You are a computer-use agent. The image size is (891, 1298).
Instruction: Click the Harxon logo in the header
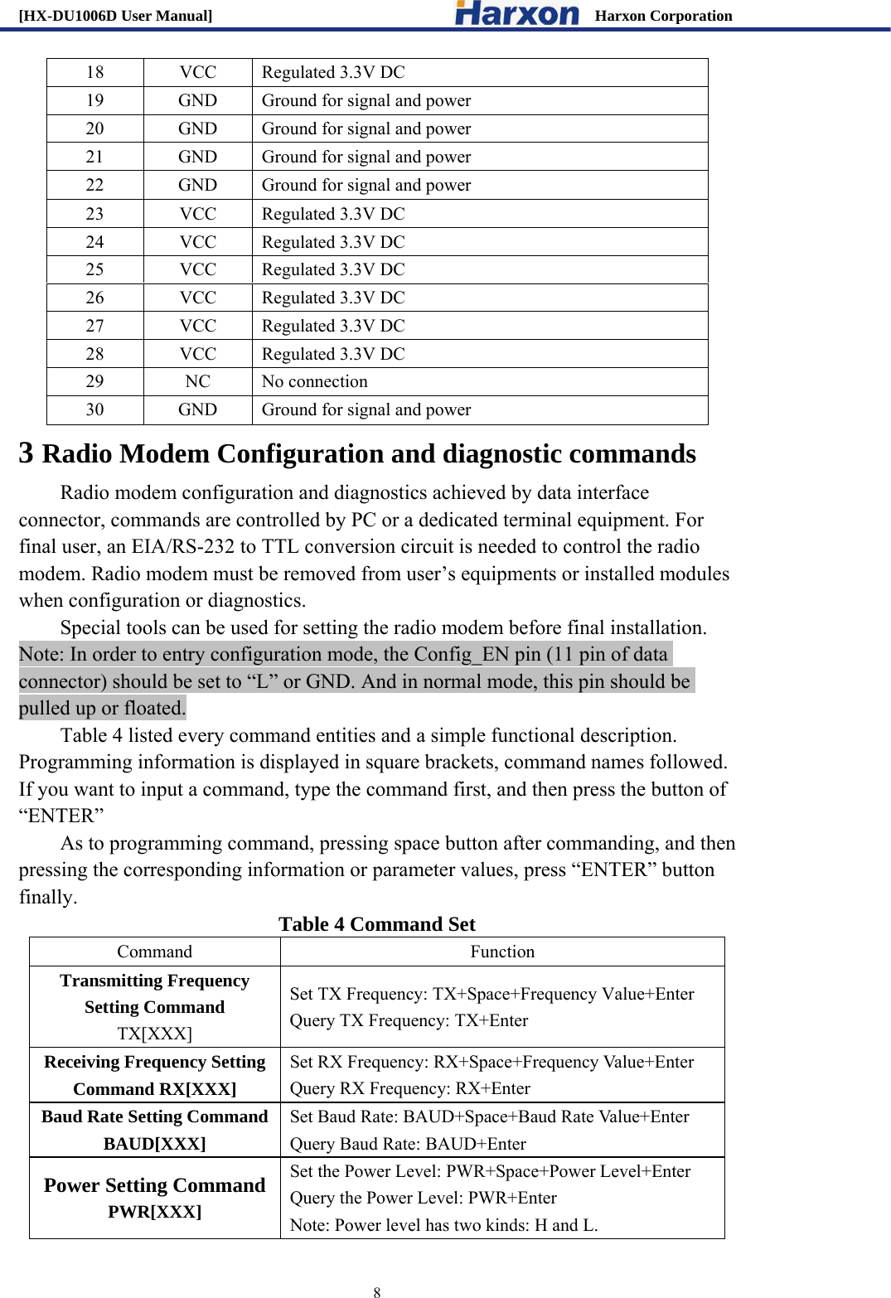point(517,13)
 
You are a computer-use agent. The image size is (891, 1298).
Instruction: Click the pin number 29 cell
point(95,381)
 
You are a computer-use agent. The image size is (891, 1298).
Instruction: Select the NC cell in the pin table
point(197,381)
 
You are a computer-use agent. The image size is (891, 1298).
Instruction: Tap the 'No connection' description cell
point(315,381)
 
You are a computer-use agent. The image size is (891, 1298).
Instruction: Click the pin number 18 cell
point(95,72)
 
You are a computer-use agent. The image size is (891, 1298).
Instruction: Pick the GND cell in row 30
point(197,409)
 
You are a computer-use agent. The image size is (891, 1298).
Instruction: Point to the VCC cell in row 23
point(197,214)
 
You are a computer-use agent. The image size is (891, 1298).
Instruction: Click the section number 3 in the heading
point(27,453)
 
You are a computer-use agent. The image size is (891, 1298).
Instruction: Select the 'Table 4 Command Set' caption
point(377,924)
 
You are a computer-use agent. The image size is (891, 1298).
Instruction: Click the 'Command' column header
point(154,952)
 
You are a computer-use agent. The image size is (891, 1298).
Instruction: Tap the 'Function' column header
point(502,952)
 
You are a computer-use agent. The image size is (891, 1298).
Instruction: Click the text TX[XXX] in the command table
point(154,1034)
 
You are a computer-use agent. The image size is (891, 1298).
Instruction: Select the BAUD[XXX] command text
point(154,1144)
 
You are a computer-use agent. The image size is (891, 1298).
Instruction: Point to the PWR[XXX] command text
point(154,1212)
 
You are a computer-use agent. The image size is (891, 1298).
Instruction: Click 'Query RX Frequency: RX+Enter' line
point(409,1088)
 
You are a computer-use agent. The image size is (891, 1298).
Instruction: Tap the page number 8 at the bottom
point(377,1291)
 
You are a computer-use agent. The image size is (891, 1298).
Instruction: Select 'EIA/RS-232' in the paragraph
point(182,547)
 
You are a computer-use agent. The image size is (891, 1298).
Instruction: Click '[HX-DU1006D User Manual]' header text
point(115,16)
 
